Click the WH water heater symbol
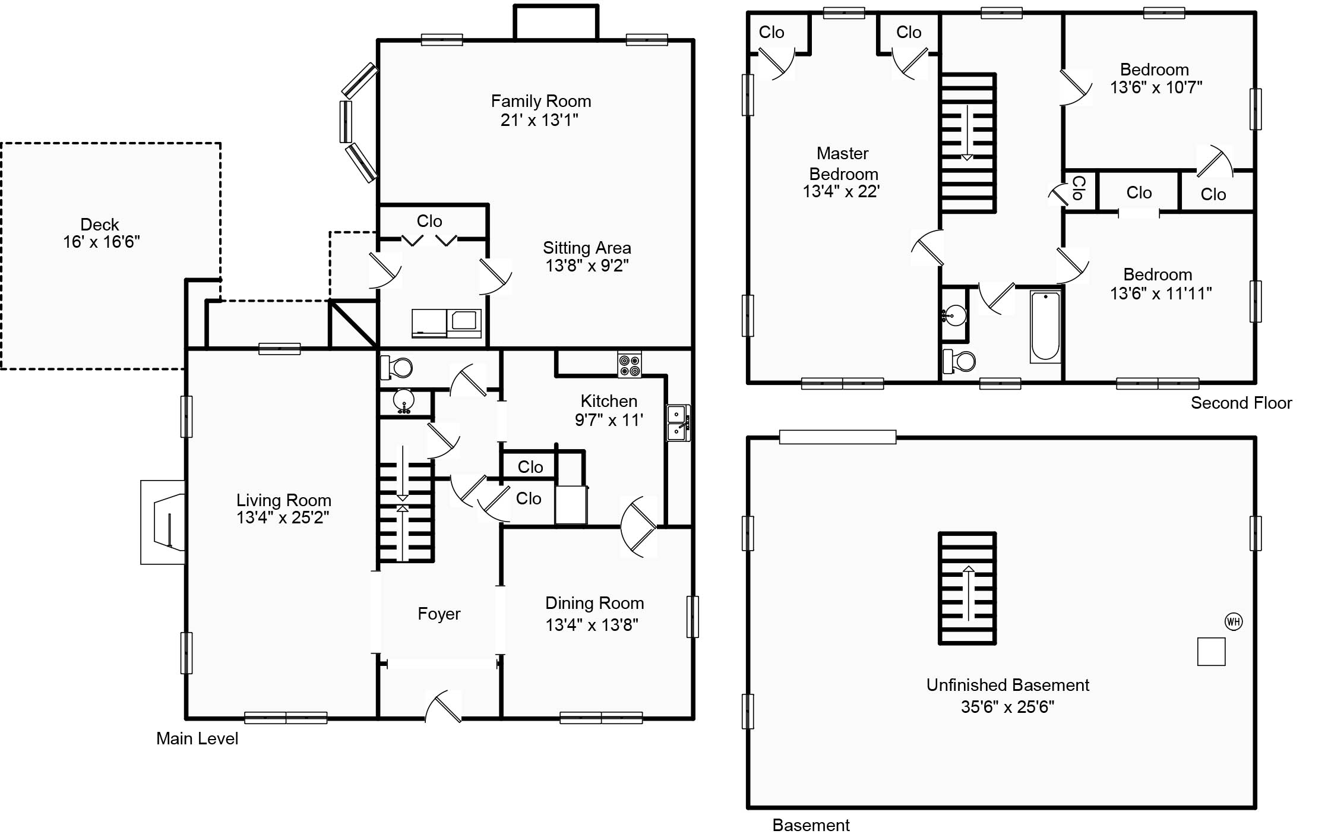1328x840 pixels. tap(1234, 622)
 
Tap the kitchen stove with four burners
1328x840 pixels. tap(630, 365)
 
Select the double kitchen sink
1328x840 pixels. tap(678, 422)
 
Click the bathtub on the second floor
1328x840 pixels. tap(1045, 326)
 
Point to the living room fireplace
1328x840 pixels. tap(163, 522)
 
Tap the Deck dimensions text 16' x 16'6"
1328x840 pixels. tap(102, 242)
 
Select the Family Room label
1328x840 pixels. tap(541, 101)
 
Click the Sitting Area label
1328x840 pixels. tap(587, 248)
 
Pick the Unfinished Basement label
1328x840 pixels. tap(1008, 685)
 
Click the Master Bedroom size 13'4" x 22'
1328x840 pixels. tap(842, 191)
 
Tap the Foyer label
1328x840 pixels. tap(439, 614)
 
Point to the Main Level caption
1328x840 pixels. tap(197, 738)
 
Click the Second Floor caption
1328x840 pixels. tap(1241, 403)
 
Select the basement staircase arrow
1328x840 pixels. tap(968, 593)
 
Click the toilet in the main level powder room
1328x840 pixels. tap(396, 367)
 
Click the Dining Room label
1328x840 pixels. tap(595, 603)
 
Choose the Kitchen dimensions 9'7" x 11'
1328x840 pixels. tap(609, 420)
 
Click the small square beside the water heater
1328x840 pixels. tap(1211, 652)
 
